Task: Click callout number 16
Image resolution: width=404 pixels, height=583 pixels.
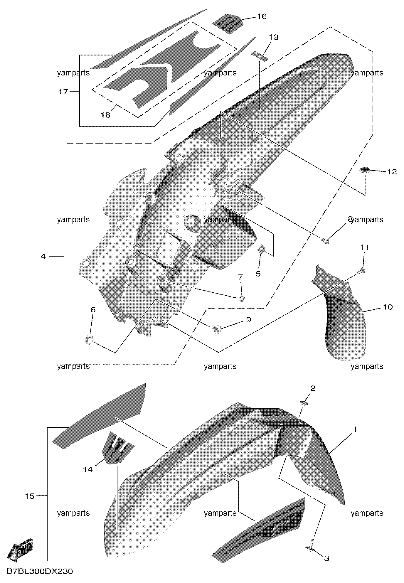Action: click(262, 16)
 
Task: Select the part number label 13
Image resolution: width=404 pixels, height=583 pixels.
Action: click(273, 38)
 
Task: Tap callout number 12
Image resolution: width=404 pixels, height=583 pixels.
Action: click(392, 171)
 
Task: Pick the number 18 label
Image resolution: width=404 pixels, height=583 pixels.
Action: click(105, 115)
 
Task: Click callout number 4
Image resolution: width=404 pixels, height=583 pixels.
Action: click(43, 257)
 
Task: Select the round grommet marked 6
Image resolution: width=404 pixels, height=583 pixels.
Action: click(89, 340)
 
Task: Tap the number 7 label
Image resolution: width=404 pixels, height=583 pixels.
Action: click(240, 277)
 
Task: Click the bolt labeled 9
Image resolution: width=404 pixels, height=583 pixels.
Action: click(217, 329)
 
